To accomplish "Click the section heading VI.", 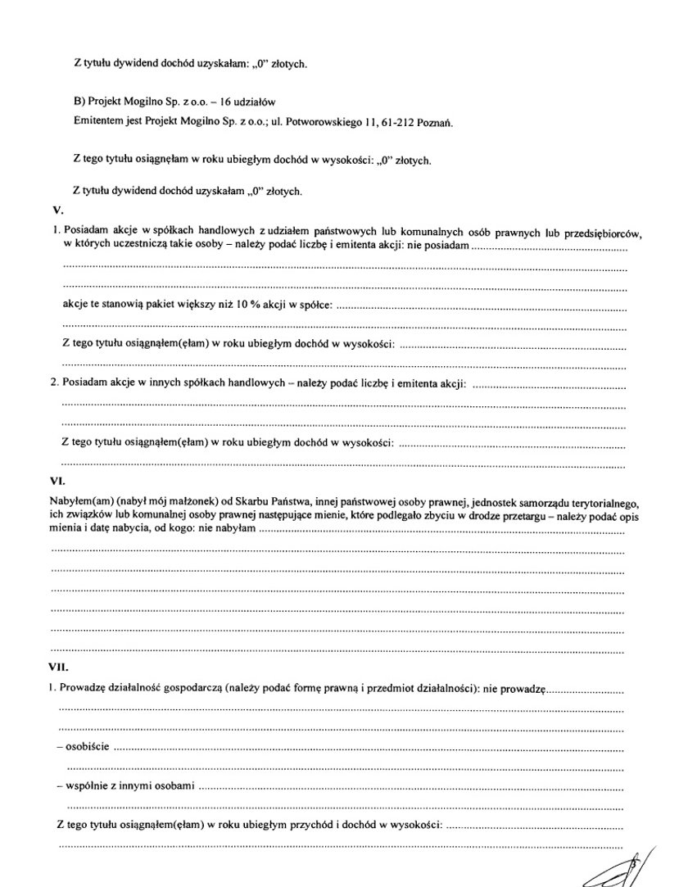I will pyautogui.click(x=57, y=482).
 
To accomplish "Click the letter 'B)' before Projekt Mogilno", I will pyautogui.click(x=79, y=102).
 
